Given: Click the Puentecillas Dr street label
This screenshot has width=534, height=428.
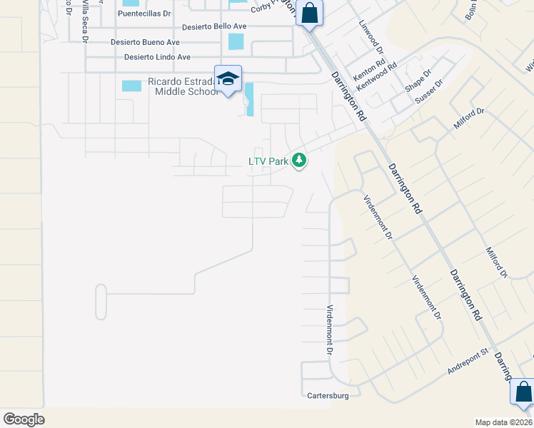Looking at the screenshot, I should point(145,14).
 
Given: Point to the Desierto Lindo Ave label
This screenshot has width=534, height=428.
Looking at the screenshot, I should point(157,57).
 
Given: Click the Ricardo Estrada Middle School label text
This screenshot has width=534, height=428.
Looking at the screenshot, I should point(183,87).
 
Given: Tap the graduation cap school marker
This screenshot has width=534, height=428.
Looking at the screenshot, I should point(228,78).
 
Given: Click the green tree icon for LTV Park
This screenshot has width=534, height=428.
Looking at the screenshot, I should point(299,161).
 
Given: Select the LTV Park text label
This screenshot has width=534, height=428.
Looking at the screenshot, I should point(268,162).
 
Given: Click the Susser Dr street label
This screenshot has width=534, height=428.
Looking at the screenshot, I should point(429,93).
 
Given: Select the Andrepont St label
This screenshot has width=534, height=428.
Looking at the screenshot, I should point(467,361).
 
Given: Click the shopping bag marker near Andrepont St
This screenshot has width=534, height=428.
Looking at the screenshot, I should point(523,392).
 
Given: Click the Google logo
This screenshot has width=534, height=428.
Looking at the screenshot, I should point(24,419).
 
